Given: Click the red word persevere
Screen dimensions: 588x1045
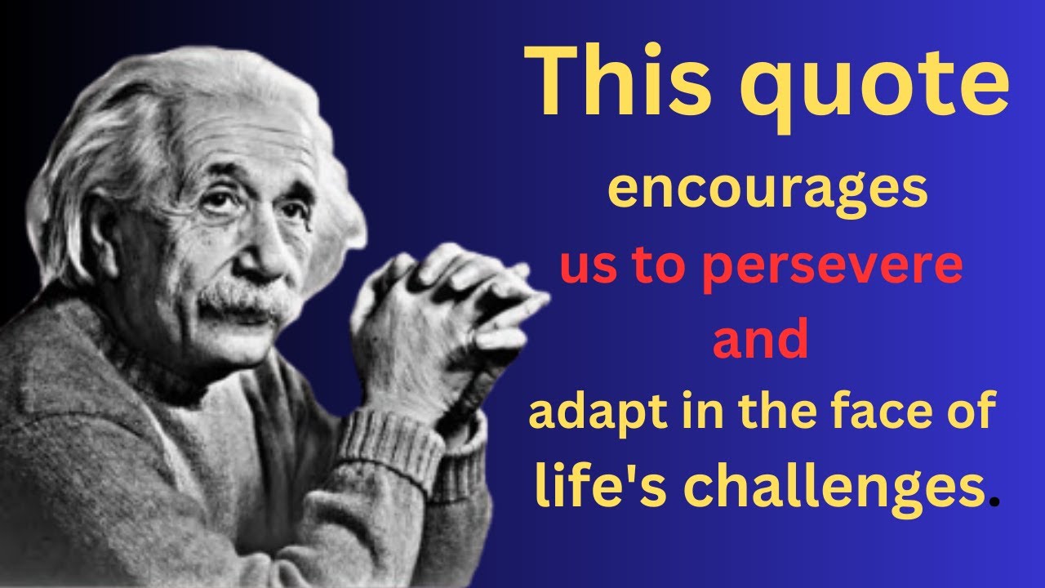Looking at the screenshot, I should coord(832,269).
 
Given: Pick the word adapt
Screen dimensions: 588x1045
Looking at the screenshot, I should coord(588,414).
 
